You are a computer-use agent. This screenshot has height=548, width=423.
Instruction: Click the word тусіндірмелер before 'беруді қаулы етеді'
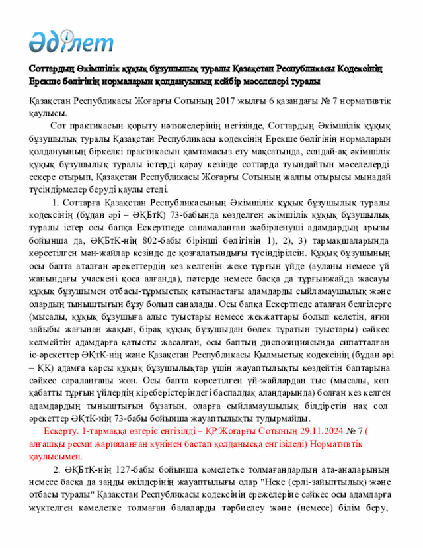tap(60, 189)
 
